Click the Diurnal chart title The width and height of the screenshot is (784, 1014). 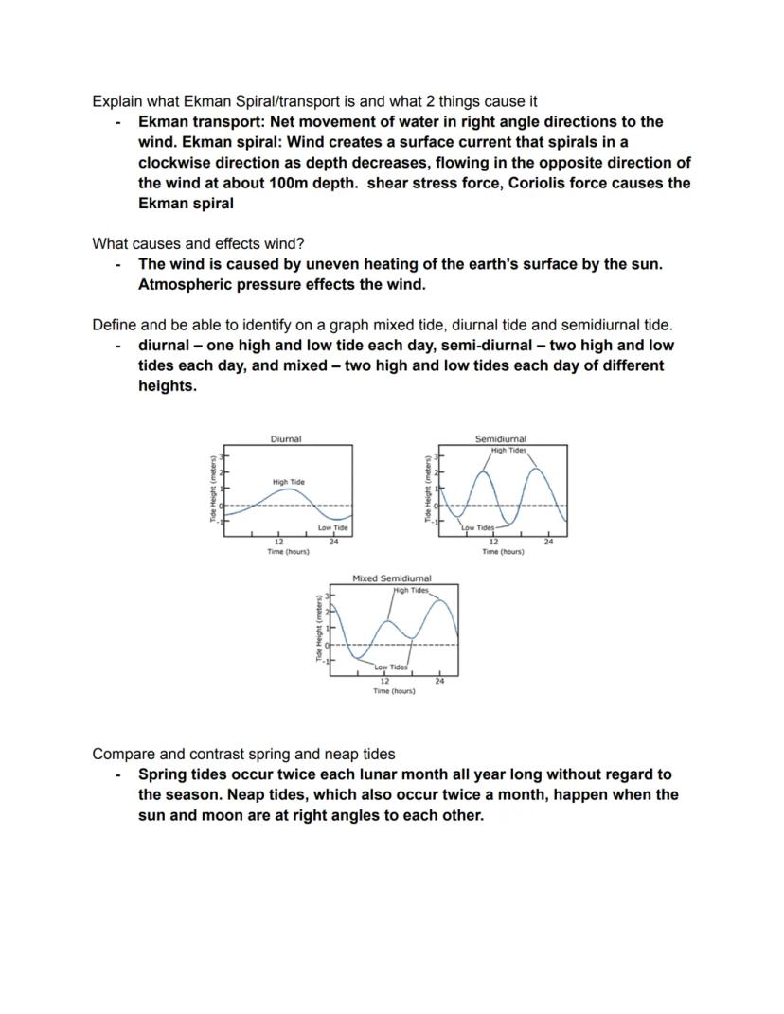285,439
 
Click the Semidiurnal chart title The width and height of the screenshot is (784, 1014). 501,439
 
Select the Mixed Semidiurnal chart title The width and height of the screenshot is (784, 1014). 391,578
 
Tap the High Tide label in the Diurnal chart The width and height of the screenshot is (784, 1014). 288,482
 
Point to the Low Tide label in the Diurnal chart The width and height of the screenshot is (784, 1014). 332,527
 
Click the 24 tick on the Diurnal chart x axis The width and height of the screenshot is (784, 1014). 334,542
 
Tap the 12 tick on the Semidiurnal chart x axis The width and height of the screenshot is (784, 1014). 493,542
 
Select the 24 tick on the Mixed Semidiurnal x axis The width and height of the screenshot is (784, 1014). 439,681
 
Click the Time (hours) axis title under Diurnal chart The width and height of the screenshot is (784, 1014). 288,551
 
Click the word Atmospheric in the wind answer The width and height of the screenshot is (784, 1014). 183,284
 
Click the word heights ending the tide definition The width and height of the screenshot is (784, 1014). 167,386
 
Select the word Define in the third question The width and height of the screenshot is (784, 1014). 115,325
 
